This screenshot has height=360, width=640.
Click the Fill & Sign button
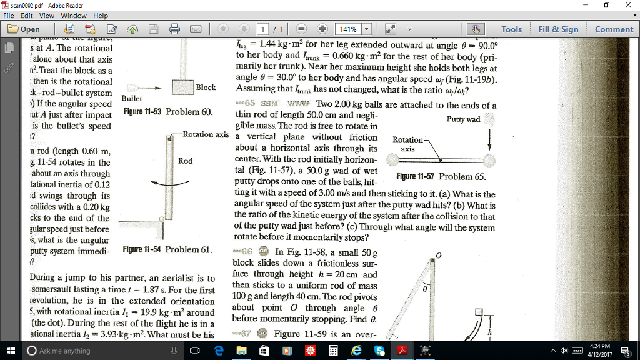pos(558,29)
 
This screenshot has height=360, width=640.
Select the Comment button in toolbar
pos(614,29)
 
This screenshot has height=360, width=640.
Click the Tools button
pos(511,29)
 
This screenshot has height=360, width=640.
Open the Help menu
pos(101,16)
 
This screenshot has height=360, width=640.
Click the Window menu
pos(74,16)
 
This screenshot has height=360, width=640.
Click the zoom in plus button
pos(322,29)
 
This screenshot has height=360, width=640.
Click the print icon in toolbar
pos(176,29)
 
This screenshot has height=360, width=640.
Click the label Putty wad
pos(463,119)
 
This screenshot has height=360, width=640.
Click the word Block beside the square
pos(206,87)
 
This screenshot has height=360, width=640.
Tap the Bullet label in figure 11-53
pos(132,99)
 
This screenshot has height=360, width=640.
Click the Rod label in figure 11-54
pos(185,161)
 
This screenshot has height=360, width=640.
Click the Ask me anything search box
pos(94,351)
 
